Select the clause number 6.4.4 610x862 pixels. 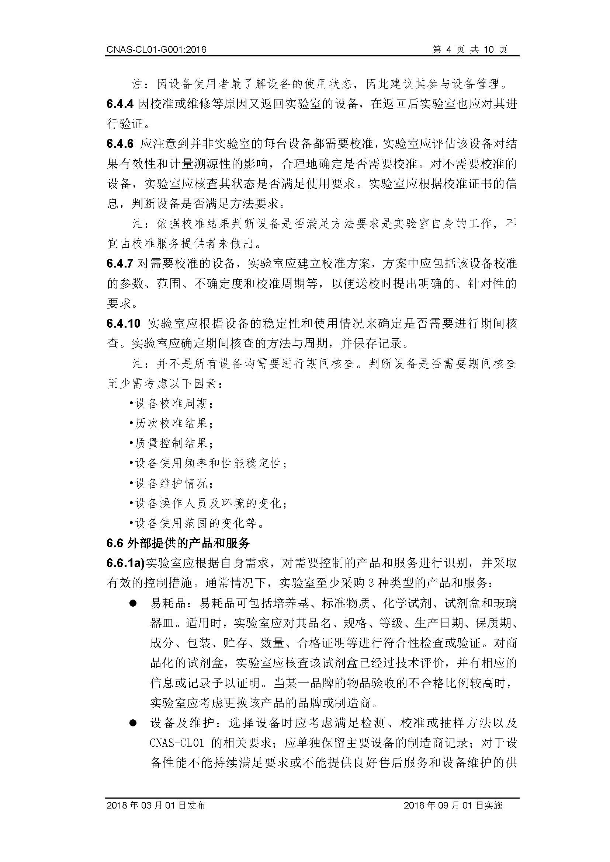[x=120, y=104]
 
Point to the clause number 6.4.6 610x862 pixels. [x=120, y=144]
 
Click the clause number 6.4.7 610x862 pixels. [x=120, y=264]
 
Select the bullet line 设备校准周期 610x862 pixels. [x=171, y=404]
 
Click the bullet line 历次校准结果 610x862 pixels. [x=171, y=424]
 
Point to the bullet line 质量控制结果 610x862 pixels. [x=171, y=444]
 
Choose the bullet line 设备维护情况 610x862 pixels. [x=171, y=484]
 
